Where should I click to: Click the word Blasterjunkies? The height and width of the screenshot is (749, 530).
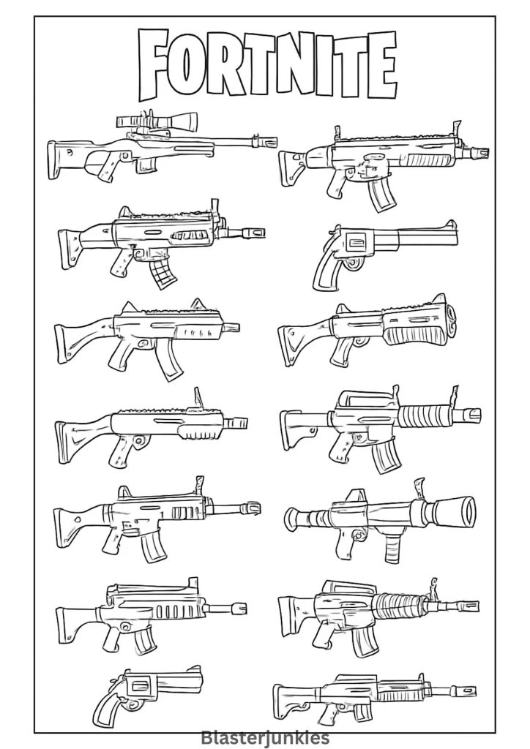point(265,737)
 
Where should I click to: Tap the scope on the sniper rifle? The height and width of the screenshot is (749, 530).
point(157,120)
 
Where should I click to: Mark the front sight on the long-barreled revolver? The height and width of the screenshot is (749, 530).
point(449,224)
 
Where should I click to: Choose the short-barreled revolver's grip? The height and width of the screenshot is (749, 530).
point(108,712)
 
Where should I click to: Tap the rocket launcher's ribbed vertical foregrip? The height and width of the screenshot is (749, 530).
point(392,549)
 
